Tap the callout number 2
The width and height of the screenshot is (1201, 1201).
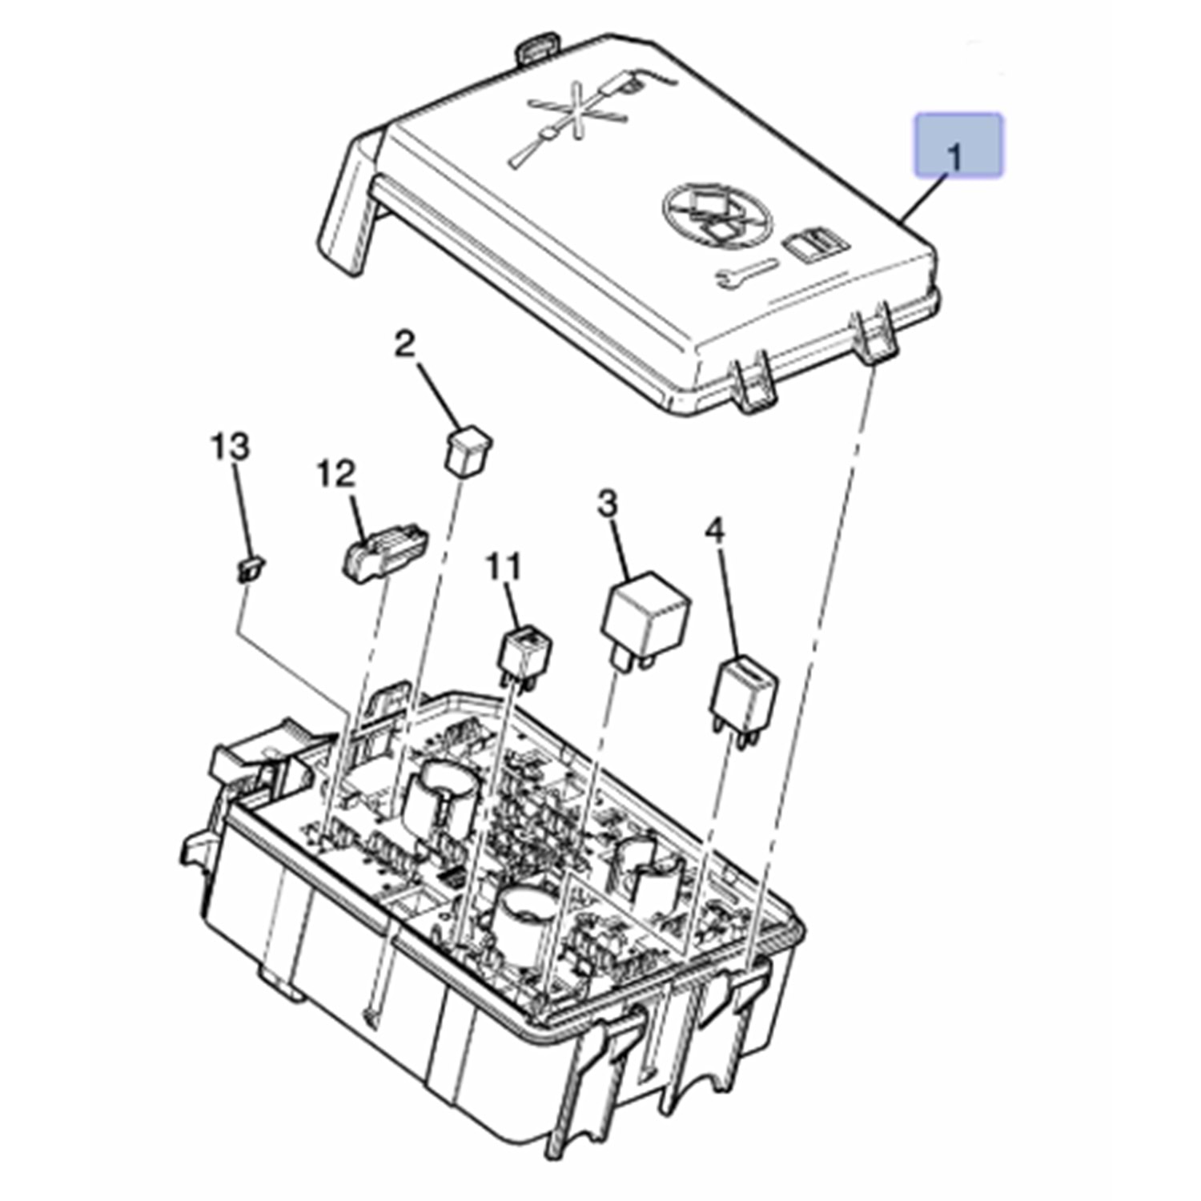point(406,345)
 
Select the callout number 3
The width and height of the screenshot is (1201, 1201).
point(609,505)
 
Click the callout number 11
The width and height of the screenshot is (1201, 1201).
point(504,568)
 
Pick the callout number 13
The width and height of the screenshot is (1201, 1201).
point(231,447)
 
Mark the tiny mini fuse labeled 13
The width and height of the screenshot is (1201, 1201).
point(250,568)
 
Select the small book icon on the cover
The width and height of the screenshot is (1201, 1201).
point(813,243)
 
